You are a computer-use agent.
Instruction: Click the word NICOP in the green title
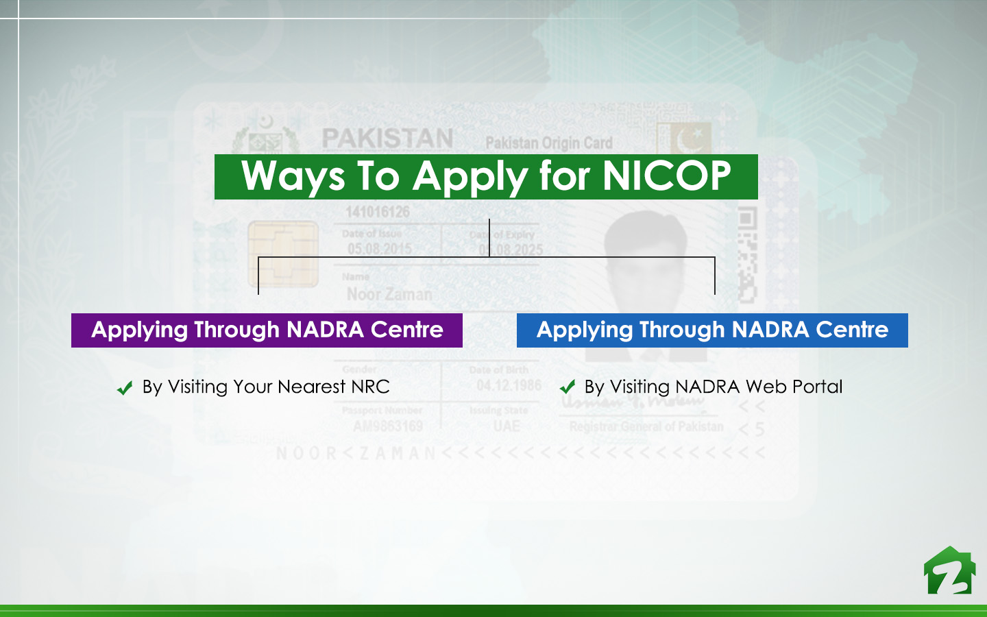(666, 176)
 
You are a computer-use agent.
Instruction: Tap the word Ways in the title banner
(293, 177)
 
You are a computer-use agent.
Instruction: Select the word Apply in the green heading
(470, 177)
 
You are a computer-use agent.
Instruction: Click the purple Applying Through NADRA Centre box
(267, 330)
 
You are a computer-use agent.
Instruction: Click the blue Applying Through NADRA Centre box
(712, 330)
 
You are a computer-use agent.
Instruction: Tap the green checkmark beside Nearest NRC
(125, 389)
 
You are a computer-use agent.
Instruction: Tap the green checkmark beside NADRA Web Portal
(568, 387)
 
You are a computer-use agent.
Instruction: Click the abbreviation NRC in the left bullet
(370, 387)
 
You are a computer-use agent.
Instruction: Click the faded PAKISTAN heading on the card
(387, 138)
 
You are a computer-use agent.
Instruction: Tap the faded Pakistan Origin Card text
(548, 143)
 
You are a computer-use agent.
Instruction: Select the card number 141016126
(377, 212)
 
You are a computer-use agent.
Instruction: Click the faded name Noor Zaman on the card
(389, 294)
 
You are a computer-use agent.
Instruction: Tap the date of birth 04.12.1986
(509, 385)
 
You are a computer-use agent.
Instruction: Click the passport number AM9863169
(388, 426)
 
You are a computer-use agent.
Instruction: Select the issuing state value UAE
(507, 426)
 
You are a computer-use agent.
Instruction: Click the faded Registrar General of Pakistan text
(646, 426)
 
